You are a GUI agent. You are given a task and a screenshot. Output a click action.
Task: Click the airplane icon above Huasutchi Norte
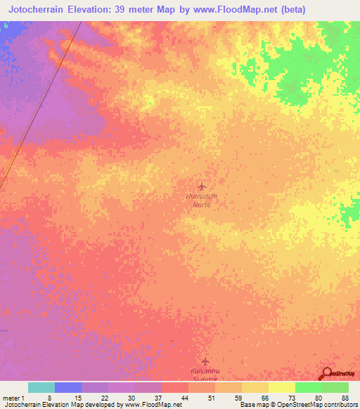pyautogui.click(x=202, y=186)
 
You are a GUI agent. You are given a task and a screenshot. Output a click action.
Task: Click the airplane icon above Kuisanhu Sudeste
pyautogui.click(x=205, y=360)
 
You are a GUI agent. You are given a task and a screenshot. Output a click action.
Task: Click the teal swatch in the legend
pyautogui.click(x=41, y=387)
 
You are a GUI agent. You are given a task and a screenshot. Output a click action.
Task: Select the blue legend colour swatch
pyautogui.click(x=67, y=387)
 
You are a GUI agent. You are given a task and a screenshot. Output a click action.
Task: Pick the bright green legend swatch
pyautogui.click(x=308, y=387)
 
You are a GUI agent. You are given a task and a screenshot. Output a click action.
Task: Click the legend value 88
pyautogui.click(x=345, y=397)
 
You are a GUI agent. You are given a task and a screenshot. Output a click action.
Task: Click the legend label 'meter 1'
pyautogui.click(x=13, y=397)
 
